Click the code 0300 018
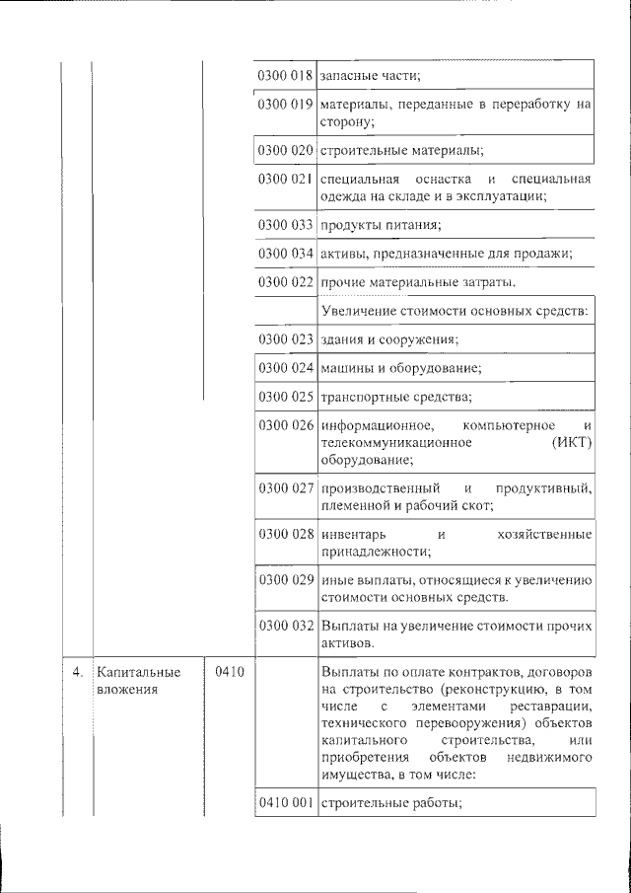(285, 76)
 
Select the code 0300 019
(285, 104)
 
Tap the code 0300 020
(285, 151)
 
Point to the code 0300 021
(285, 179)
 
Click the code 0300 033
(285, 226)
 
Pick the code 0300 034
(285, 255)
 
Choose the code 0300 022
(285, 283)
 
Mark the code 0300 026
(285, 425)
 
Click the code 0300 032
(285, 625)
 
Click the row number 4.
(77, 672)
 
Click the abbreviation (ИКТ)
(571, 443)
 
